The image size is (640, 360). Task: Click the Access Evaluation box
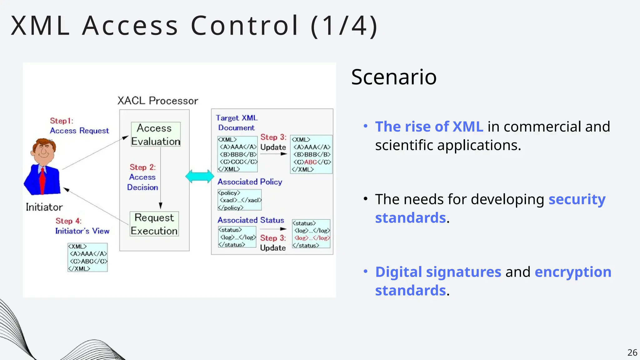[156, 134]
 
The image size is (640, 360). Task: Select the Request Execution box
[154, 224]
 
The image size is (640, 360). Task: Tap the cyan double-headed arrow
[200, 177]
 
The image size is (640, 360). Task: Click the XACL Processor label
[157, 101]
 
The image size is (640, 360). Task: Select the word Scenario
[394, 77]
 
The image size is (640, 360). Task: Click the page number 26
[632, 352]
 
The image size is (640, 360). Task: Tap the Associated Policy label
[250, 182]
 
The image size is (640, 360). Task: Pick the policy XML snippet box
[239, 200]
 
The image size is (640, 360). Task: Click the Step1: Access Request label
[79, 126]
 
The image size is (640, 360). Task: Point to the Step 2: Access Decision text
[142, 177]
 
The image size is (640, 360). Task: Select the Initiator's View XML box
[87, 257]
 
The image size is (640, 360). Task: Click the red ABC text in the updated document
[311, 162]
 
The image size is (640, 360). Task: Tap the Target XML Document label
[237, 122]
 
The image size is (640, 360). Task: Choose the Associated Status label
[251, 220]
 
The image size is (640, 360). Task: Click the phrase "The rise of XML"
[429, 127]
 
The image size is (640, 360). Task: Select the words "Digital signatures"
[438, 272]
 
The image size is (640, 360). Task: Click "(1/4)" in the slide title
[344, 26]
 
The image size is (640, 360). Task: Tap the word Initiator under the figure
[44, 207]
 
